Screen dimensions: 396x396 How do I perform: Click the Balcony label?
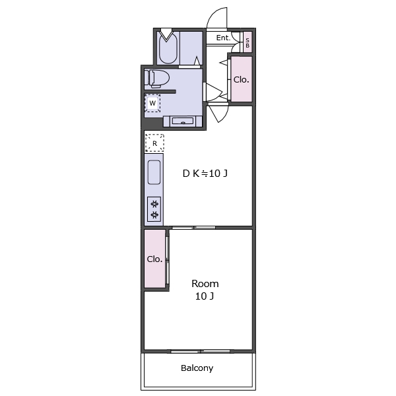tap(197, 368)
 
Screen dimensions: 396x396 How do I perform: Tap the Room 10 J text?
tap(205, 290)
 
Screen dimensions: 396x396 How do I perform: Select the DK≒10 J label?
tap(205, 174)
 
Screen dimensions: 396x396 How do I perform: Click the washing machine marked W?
tap(152, 103)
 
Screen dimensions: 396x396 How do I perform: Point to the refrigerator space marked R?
tap(154, 143)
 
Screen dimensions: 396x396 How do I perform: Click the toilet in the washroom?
tap(156, 79)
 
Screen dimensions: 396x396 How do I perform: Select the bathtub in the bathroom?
tap(168, 48)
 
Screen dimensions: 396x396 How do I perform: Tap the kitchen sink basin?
tap(154, 172)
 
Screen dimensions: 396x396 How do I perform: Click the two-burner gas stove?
tap(154, 209)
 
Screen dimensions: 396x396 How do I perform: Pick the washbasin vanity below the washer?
tap(183, 121)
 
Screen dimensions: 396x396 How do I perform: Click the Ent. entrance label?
tap(223, 38)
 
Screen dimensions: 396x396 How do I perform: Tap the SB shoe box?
tap(247, 42)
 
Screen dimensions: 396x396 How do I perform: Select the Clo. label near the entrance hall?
tap(241, 80)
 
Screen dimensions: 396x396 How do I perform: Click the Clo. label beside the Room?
tap(154, 259)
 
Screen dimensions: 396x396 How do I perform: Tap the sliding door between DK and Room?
tap(193, 228)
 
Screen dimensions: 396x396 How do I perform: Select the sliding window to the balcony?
tap(201, 351)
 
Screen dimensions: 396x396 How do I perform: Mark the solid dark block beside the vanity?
tap(152, 124)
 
